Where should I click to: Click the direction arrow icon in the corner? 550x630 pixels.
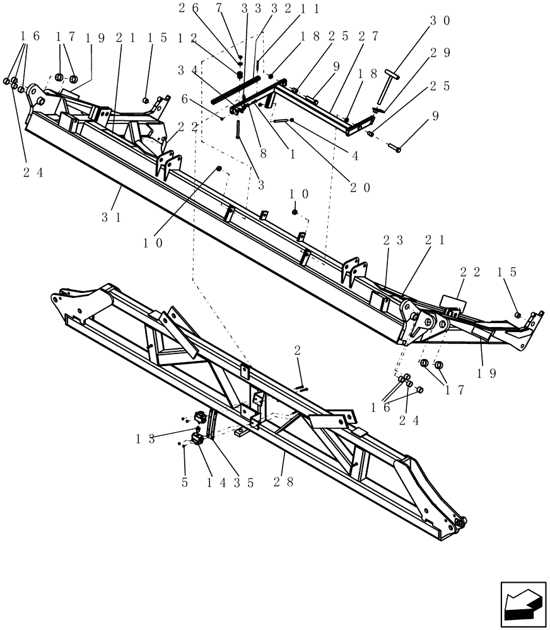pos(522,605)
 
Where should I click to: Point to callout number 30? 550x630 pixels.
pos(440,20)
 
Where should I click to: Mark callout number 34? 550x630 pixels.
pos(187,69)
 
